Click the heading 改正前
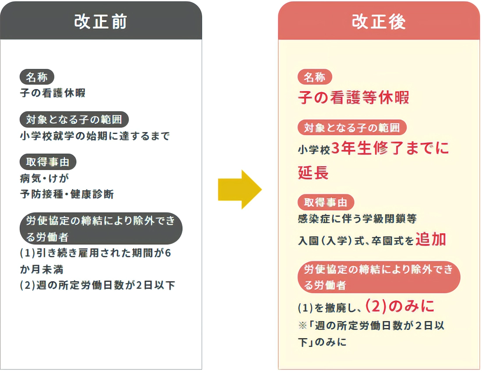tap(100, 21)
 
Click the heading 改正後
tap(379, 21)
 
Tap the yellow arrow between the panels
tap(240, 189)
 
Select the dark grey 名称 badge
tap(37, 77)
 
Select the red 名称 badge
tap(315, 77)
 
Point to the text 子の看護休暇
tap(53, 93)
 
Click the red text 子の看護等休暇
tap(354, 97)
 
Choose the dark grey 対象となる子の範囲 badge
tap(74, 119)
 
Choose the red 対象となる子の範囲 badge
tap(352, 127)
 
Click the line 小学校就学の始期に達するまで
tap(95, 136)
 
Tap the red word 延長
tap(313, 173)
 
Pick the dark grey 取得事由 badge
tap(48, 162)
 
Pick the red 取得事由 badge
tap(326, 202)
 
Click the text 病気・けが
tap(45, 178)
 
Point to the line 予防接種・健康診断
tap(67, 194)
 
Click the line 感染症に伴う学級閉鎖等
tap(357, 219)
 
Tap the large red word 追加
tap(431, 239)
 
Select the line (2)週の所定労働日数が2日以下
tap(97, 285)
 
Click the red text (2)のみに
tap(400, 306)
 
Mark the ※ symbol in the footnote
tap(303, 325)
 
